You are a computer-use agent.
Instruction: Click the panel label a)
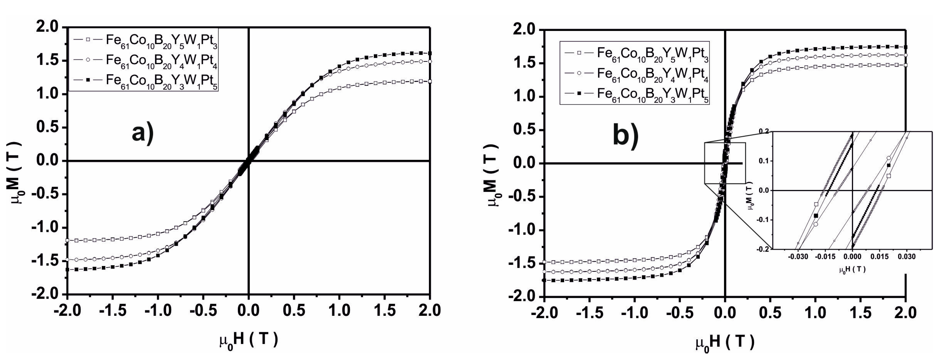(143, 134)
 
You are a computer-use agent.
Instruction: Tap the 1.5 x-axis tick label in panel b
(861, 313)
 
